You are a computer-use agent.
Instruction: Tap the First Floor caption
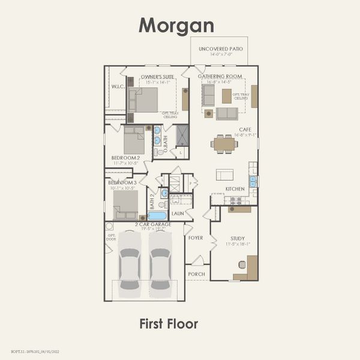point(168,323)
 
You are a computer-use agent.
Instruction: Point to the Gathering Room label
point(224,77)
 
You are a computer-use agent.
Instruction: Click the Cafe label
point(245,129)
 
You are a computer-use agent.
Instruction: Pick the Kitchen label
point(235,189)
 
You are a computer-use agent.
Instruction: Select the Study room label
point(237,238)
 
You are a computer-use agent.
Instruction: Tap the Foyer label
point(196,238)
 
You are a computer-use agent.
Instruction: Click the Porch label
point(196,274)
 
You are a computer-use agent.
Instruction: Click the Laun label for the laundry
point(178,213)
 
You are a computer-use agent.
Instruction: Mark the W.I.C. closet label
point(117,86)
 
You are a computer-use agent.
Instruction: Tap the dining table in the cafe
point(225,144)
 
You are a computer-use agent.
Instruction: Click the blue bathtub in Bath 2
point(157,215)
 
